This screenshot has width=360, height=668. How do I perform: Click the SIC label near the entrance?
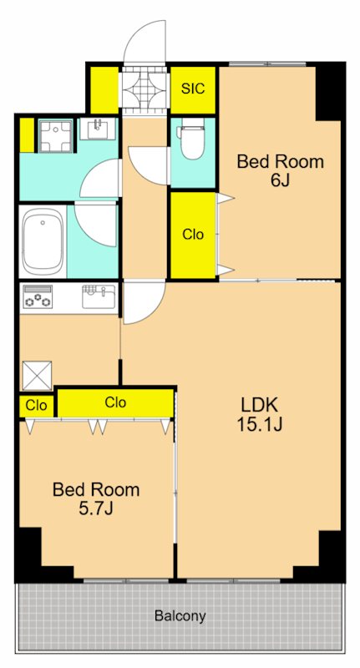(x=193, y=89)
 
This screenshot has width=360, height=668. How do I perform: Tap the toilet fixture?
(x=190, y=139)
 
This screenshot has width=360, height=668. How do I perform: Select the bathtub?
(x=43, y=242)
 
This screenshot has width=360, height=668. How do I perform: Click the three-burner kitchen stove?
(x=38, y=296)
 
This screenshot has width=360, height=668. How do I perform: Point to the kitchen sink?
(x=99, y=296)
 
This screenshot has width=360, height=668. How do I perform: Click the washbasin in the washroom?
(x=99, y=129)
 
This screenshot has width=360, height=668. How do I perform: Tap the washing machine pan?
(x=56, y=135)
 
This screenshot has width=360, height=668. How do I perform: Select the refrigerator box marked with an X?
(x=37, y=376)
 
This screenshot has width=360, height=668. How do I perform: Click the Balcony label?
(x=180, y=615)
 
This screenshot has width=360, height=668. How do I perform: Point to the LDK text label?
(x=260, y=405)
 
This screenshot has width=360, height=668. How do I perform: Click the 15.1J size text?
(x=260, y=424)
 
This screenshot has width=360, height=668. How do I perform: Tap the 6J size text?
(x=280, y=180)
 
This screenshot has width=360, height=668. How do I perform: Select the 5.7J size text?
(x=96, y=509)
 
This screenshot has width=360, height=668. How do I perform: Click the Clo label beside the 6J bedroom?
(x=193, y=235)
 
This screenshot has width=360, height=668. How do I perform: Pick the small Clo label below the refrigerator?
(x=36, y=406)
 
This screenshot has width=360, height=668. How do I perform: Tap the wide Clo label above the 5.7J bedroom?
(x=115, y=402)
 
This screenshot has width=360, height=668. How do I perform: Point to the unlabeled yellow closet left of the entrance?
(x=104, y=90)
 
